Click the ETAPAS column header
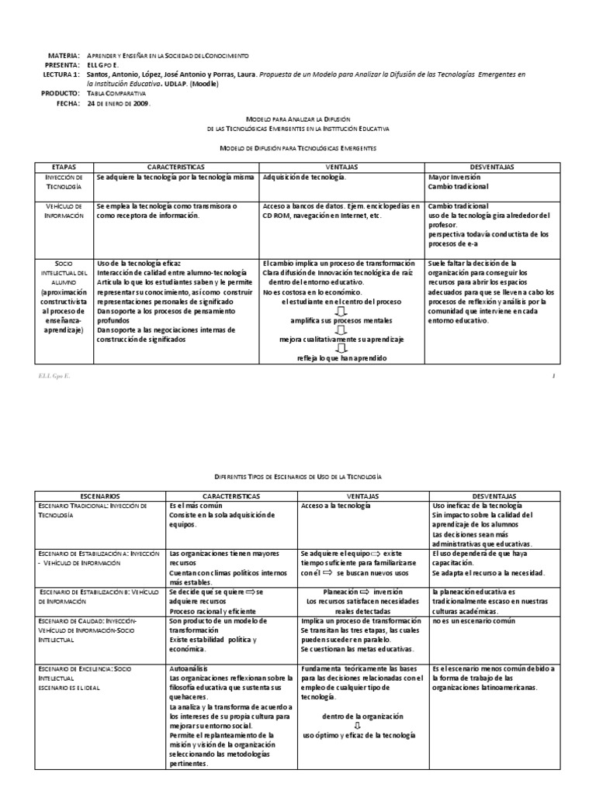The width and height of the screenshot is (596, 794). (64, 167)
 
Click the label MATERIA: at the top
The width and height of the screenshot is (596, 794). (64, 57)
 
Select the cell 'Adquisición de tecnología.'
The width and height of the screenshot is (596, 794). (305, 177)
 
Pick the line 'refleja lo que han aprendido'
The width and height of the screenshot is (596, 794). (341, 357)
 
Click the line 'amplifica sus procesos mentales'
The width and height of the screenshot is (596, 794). (341, 320)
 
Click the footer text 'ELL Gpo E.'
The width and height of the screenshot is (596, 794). (48, 376)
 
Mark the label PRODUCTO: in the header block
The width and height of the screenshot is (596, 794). (60, 93)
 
